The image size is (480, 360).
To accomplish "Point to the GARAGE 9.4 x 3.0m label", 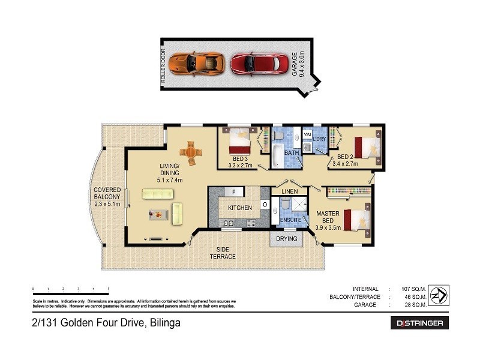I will click(298, 63).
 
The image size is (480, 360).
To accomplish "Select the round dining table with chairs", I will click(191, 152).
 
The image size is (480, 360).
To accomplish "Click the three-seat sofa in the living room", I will click(157, 194).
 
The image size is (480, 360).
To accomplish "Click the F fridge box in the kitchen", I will click(234, 192).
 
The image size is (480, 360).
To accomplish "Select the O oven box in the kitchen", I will click(265, 205).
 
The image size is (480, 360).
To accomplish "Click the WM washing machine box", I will click(307, 135).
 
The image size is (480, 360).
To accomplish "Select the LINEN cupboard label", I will click(290, 191).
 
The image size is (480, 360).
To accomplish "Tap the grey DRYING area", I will click(287, 238).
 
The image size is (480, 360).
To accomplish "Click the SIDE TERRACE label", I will click(223, 253).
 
